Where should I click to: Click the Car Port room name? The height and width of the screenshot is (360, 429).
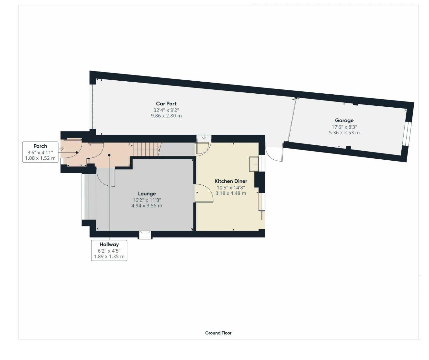[166, 104]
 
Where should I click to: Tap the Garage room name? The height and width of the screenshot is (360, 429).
[344, 120]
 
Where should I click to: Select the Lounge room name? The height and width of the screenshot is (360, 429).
[147, 194]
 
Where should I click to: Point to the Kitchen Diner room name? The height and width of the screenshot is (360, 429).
[231, 181]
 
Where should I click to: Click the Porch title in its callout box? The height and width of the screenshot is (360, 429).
[40, 146]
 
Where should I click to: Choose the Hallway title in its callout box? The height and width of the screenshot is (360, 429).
[109, 245]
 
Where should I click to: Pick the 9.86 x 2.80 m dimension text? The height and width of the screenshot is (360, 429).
[166, 116]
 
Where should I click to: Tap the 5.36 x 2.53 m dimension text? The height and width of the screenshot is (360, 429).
[344, 133]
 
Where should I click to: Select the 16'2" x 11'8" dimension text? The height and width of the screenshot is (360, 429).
[147, 200]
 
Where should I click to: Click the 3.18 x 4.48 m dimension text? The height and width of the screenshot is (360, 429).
[231, 193]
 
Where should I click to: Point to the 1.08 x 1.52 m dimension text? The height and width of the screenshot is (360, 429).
[40, 158]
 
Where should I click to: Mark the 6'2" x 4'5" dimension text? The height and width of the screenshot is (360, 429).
[109, 251]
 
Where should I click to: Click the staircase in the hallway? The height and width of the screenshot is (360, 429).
[147, 150]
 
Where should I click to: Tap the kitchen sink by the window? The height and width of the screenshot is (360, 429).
[254, 164]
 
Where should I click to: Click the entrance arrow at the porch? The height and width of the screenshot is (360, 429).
[61, 148]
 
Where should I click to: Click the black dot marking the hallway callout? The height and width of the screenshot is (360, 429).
[109, 155]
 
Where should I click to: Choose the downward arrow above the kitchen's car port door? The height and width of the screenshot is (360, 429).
[204, 137]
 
